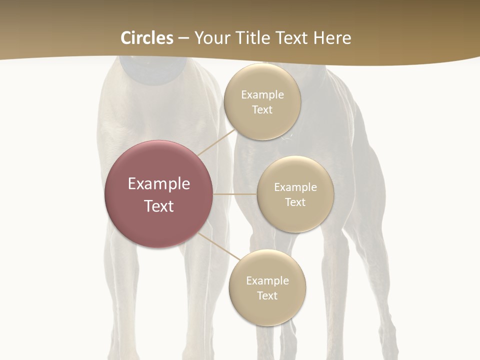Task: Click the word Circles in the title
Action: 146,38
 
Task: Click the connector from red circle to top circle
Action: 217,142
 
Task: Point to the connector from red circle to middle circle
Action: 234,194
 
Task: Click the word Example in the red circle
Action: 159,184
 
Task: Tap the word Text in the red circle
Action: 159,206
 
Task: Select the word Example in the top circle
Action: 262,94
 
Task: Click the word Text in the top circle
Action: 262,109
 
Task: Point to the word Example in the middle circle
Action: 295,187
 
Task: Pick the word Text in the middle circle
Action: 295,202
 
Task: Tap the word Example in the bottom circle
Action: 267,280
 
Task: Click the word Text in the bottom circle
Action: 267,295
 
